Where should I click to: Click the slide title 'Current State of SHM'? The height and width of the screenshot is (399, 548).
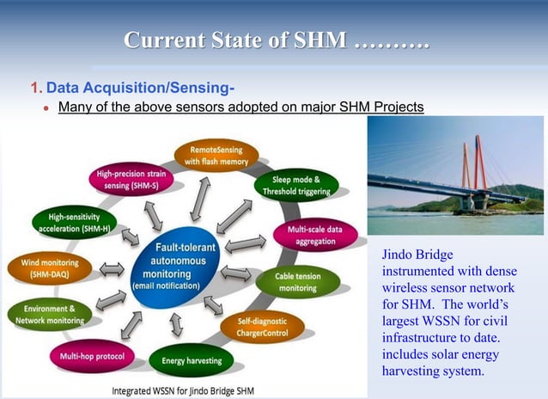[x=276, y=40]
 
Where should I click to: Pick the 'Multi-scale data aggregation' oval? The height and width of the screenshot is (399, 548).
[x=315, y=236]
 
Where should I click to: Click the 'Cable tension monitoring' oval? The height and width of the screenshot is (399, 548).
[x=297, y=282]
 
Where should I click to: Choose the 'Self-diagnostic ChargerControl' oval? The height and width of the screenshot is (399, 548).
[x=255, y=327]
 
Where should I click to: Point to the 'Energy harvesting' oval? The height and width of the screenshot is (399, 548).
[x=191, y=360]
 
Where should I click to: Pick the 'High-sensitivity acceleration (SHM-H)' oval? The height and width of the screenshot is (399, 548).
[x=75, y=223]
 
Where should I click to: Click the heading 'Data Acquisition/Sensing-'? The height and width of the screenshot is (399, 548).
[x=140, y=88]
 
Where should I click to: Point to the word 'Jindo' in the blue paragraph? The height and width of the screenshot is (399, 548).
[x=401, y=255]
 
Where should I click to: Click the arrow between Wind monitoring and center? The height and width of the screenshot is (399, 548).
[x=113, y=270]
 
